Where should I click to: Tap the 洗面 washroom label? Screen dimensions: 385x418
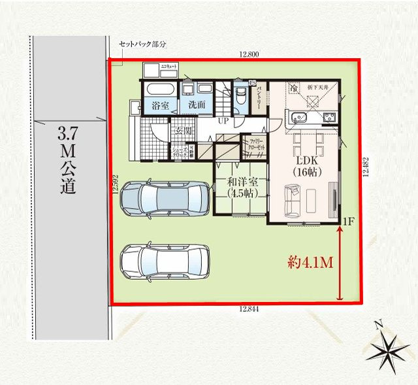tap(197, 105)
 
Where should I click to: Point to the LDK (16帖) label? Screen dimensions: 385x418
tap(304, 166)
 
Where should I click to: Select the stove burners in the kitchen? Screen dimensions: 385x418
tap(329, 118)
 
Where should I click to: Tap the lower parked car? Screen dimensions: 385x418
tap(165, 261)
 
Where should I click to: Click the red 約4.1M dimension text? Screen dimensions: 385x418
tap(311, 263)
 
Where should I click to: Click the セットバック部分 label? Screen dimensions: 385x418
tap(142, 44)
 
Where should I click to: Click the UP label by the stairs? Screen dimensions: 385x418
tap(223, 122)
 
